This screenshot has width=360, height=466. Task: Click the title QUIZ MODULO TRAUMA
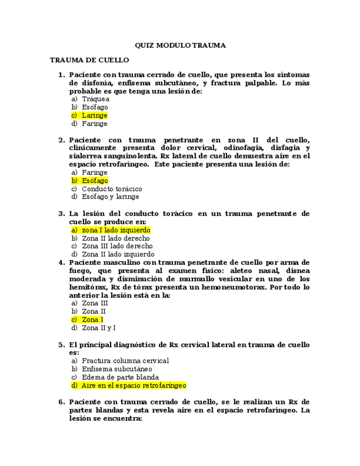tap(180, 46)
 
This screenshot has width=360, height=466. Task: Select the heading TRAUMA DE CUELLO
tap(89, 60)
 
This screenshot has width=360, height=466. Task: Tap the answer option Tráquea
tap(96, 99)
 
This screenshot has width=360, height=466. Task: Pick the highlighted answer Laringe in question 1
tap(95, 116)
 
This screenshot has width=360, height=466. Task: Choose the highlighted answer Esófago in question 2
tap(95, 181)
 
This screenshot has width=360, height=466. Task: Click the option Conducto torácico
tap(112, 189)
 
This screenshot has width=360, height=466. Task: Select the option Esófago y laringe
tap(110, 197)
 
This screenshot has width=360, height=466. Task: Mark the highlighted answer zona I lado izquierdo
tap(115, 230)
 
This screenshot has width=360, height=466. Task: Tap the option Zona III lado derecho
tap(117, 246)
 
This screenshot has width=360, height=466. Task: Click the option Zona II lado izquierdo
tap(118, 254)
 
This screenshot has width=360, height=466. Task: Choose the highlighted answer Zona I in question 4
tap(92, 320)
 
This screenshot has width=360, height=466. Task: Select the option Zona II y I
tap(98, 328)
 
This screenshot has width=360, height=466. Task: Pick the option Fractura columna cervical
tap(125, 361)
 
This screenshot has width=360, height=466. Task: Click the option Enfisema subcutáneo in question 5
tap(117, 369)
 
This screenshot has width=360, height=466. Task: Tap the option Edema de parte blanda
tap(120, 378)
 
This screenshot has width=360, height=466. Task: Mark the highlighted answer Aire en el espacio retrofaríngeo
tap(134, 386)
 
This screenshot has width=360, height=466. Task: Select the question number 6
tap(62, 402)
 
